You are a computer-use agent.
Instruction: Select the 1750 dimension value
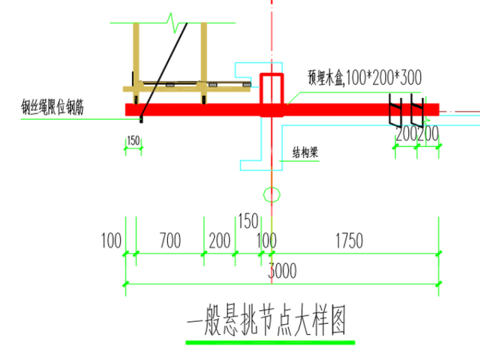350,241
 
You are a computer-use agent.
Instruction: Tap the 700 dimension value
169,241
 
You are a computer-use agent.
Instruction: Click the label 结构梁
304,152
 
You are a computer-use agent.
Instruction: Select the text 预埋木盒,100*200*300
365,78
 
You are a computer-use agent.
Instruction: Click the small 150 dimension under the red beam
133,141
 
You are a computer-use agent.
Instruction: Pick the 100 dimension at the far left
111,241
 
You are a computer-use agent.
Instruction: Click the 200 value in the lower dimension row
219,241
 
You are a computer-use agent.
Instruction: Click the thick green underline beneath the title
270,342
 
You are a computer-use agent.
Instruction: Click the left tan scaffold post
136,60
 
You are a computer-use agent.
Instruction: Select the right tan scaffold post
204,60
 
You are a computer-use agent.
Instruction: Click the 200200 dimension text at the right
417,134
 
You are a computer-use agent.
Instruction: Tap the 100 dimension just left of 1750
266,241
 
